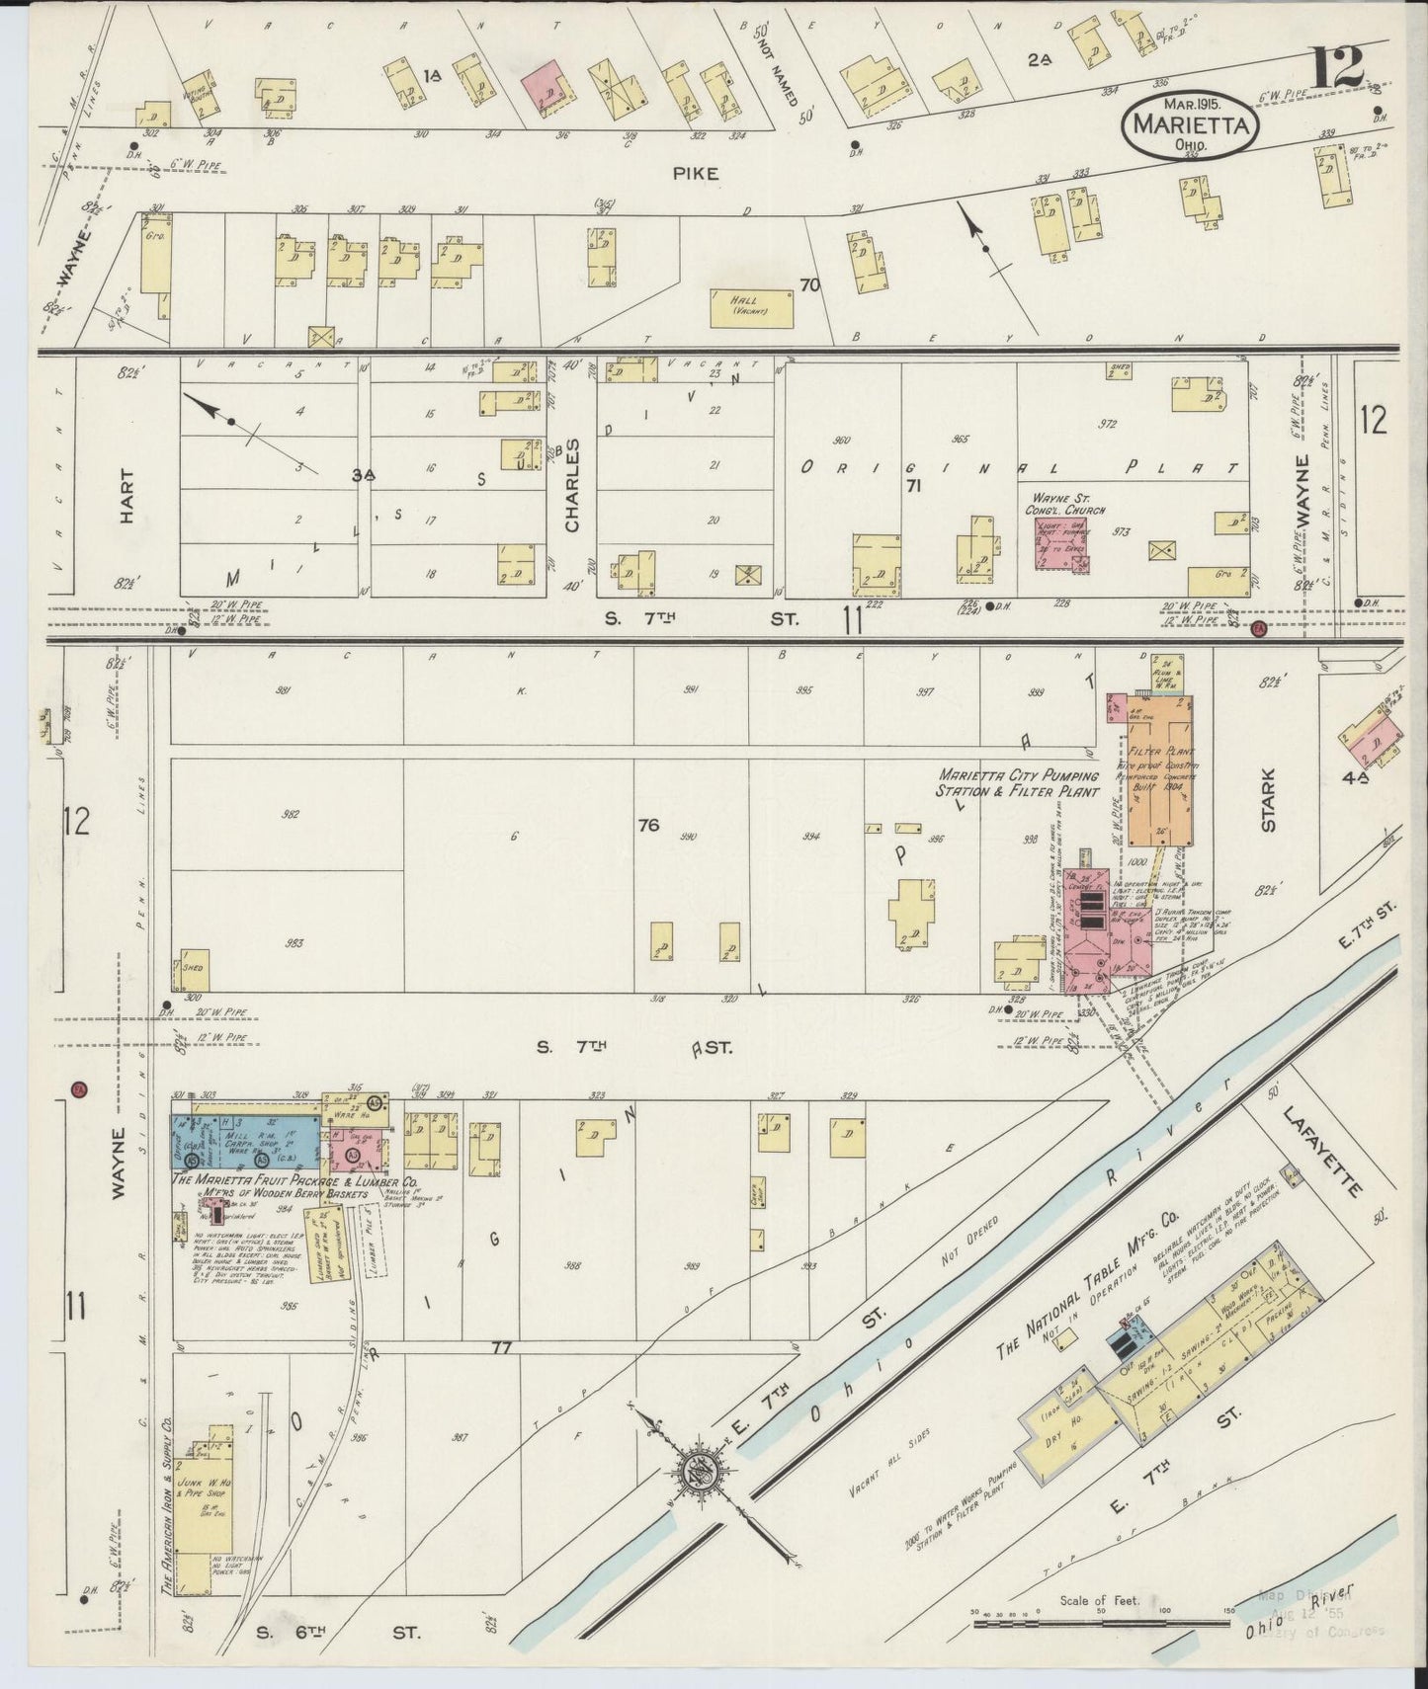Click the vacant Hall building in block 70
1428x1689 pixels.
(751, 308)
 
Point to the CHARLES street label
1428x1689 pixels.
(572, 485)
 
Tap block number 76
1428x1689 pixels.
(648, 825)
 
